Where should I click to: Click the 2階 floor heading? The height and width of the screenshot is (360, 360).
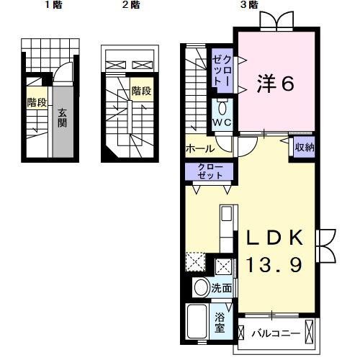click(x=130, y=5)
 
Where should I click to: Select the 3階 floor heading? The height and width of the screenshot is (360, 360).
click(x=249, y=5)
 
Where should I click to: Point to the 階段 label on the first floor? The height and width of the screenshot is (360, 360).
click(x=37, y=102)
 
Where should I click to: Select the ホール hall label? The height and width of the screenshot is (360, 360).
click(x=199, y=149)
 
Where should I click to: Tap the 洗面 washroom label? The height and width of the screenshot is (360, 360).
click(x=222, y=288)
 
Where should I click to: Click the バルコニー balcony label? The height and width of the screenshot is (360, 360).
click(x=274, y=333)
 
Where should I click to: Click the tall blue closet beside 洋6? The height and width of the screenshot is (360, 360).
click(x=221, y=69)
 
